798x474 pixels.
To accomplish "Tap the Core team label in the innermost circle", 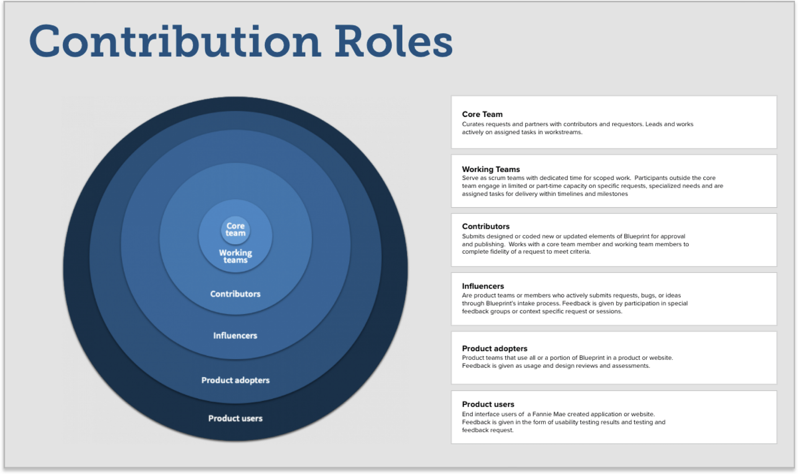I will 235,229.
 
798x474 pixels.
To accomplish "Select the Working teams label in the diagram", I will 235,256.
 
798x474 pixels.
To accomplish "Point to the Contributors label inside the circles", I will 235,294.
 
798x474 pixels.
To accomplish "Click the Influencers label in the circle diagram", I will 235,336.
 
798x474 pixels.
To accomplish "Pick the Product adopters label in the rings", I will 235,380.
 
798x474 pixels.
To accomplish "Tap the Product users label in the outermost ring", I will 235,419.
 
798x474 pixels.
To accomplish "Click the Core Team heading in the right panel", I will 482,114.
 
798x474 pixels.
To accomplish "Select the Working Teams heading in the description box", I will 491,169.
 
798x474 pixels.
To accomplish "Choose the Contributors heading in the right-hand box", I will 486,226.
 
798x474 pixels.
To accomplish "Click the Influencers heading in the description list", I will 483,286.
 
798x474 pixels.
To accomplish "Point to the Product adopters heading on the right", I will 495,349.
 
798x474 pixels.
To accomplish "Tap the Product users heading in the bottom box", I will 488,404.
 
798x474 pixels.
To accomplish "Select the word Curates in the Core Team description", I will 473,124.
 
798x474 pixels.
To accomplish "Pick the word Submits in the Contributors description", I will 473,237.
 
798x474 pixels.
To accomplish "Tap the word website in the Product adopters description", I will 660,358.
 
